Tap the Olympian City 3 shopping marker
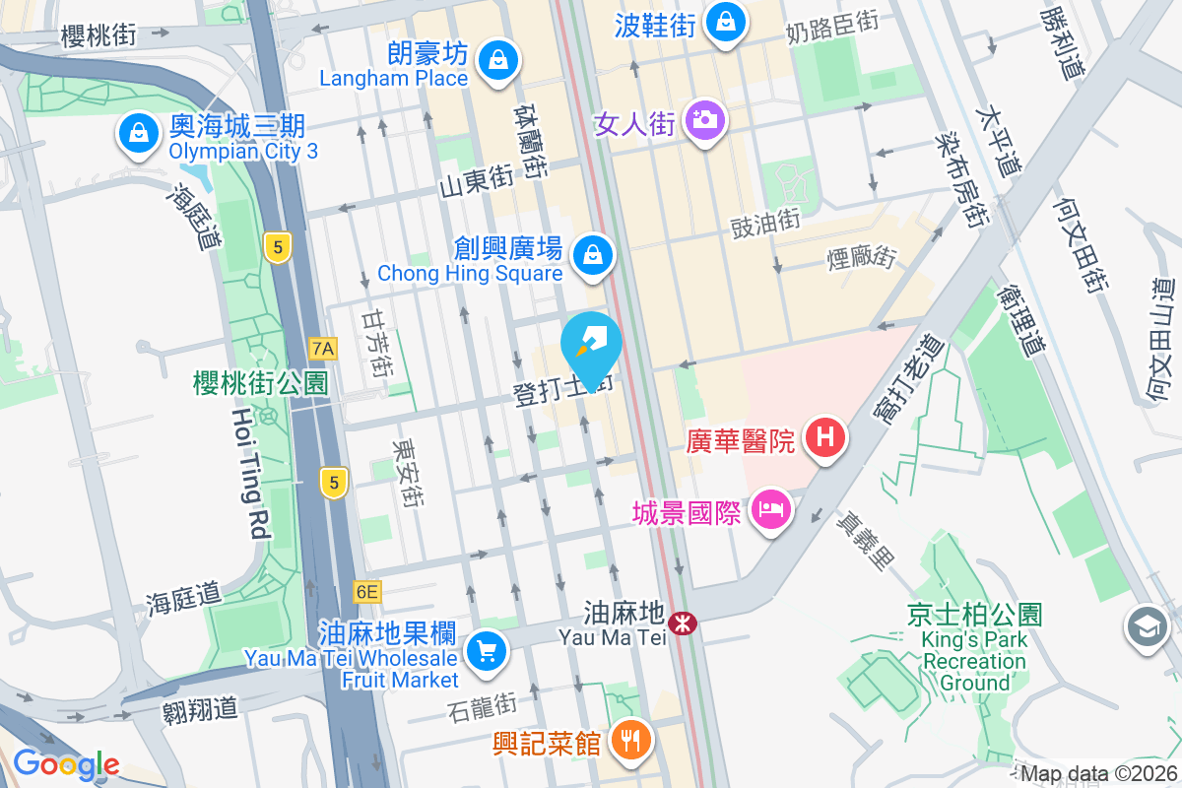tap(139, 134)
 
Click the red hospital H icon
tap(825, 439)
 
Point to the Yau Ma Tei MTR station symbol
tap(682, 623)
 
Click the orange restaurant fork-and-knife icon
tap(629, 740)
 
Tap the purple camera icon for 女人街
tap(704, 121)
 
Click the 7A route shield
tap(322, 348)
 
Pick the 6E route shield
tap(366, 592)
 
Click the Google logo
tap(66, 764)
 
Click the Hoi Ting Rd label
tap(250, 473)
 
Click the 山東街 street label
tap(477, 180)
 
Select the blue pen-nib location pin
tap(591, 344)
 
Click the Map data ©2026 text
tap(1099, 774)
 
